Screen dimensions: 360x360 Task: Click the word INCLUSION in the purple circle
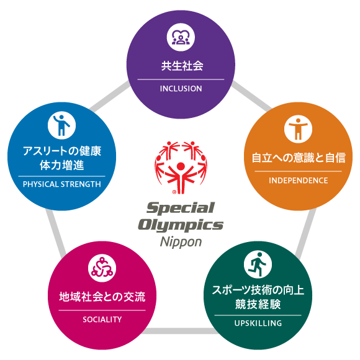[181, 89]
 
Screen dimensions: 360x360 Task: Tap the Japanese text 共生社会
[182, 66]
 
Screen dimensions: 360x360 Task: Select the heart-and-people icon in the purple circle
[181, 37]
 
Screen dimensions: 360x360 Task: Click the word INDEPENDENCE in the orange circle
[298, 181]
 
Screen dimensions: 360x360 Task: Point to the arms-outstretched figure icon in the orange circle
[298, 129]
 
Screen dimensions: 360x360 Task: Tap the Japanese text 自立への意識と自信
[299, 158]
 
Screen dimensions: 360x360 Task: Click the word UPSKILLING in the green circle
[258, 323]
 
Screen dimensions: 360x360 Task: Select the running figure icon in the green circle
[258, 264]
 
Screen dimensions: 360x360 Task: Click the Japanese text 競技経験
[258, 304]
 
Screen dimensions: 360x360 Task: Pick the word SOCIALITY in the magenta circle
[102, 320]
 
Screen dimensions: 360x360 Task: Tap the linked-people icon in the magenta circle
[102, 268]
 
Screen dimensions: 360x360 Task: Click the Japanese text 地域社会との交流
[102, 297]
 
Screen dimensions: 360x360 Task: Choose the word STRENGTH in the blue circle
[81, 184]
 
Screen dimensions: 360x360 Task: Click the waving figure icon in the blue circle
[62, 125]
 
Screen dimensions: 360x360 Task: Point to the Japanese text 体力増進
[62, 165]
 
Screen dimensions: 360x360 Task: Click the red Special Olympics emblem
[181, 167]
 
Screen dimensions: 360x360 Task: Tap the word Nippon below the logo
[181, 242]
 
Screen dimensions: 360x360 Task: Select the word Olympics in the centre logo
[181, 225]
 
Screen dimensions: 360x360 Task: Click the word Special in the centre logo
[181, 208]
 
